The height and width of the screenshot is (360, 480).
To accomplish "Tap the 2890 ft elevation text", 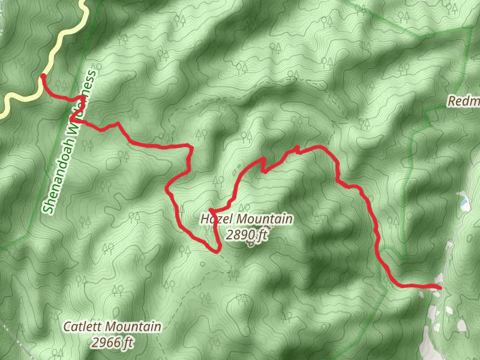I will (247, 235).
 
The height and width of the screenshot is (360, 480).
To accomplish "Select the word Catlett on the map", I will (83, 327).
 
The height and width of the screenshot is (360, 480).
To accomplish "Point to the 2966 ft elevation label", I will (112, 343).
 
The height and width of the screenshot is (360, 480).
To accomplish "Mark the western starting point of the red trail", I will (43, 76).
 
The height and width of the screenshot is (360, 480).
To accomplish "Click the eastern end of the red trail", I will (440, 288).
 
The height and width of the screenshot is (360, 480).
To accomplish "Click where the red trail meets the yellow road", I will (43, 76).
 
